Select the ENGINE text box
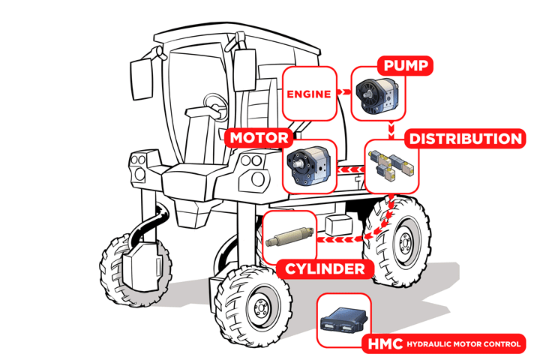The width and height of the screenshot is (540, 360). coord(308,95)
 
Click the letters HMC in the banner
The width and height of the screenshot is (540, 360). coord(385,344)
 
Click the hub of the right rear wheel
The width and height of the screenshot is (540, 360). coord(404,241)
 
